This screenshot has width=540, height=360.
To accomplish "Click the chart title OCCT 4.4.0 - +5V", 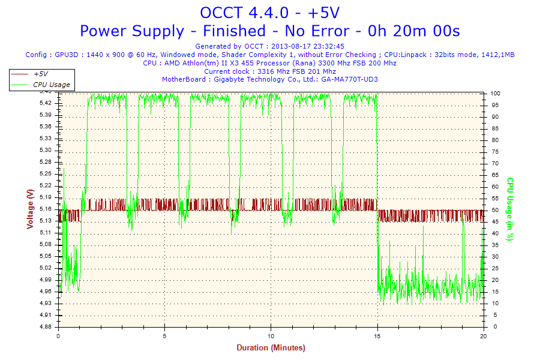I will point(270,13).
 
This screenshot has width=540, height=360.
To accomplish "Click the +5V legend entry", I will point(41,73).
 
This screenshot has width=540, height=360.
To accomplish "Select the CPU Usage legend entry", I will point(51,85).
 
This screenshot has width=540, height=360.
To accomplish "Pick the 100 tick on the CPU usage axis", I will point(496,94).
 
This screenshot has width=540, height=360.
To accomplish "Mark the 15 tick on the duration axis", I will point(377,336).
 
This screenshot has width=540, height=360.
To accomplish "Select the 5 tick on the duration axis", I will point(165,336).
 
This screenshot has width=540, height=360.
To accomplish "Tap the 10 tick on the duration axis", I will point(271,336).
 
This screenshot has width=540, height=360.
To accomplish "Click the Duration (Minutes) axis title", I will point(271,348).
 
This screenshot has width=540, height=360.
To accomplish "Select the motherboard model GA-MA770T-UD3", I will point(349,79).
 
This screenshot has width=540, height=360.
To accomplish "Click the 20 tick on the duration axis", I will point(484,336).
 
